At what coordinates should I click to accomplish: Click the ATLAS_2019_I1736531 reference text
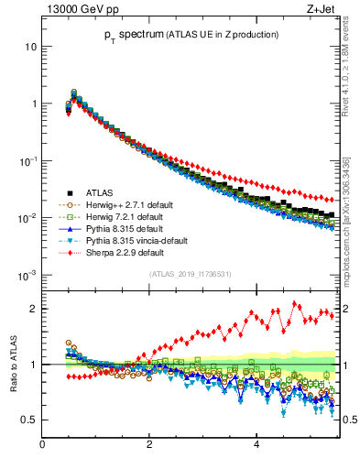(x=189, y=275)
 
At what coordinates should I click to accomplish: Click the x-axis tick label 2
(x=149, y=446)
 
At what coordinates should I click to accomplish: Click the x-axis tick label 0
(x=43, y=446)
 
